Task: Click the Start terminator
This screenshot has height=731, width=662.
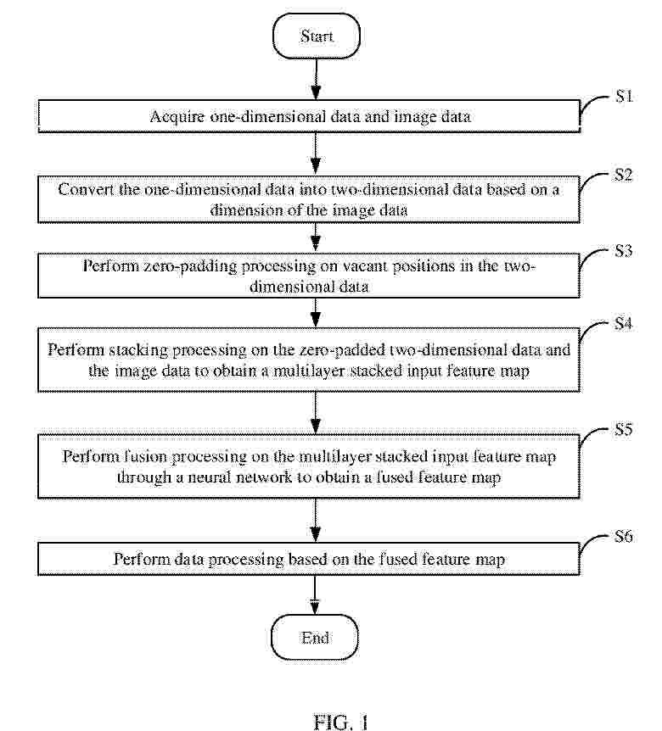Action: (x=317, y=36)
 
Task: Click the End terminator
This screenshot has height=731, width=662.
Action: (x=315, y=638)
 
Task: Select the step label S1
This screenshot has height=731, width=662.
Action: (x=624, y=96)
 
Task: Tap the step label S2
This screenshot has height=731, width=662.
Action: (x=624, y=175)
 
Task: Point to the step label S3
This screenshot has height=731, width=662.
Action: (x=624, y=251)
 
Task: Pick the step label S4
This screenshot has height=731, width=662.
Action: (x=624, y=324)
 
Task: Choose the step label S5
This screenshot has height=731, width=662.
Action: (x=624, y=429)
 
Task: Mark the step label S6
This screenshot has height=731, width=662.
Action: (x=624, y=537)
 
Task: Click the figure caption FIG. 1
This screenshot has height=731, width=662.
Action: (x=341, y=723)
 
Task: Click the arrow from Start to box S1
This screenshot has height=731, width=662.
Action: (x=316, y=79)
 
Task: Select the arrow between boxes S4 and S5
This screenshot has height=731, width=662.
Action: (x=316, y=413)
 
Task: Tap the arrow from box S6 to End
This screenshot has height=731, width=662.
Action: (x=315, y=594)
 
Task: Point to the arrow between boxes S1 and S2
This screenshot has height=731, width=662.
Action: (x=316, y=153)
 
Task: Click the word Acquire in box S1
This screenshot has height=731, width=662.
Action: (x=177, y=117)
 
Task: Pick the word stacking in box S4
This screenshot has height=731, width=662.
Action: (x=137, y=350)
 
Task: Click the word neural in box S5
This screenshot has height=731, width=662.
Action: (x=209, y=477)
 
